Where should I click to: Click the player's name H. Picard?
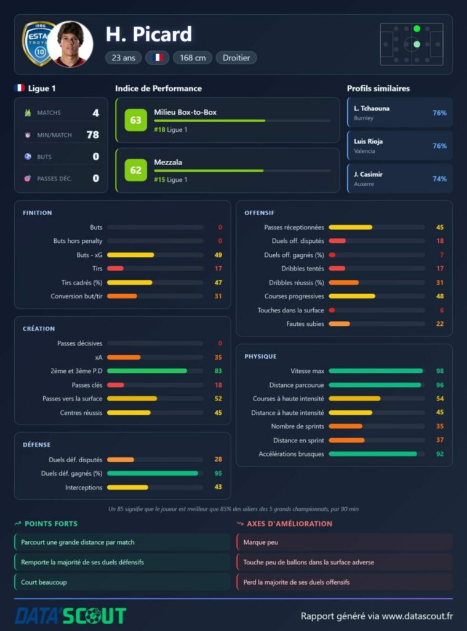pos(149,35)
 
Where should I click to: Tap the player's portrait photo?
pos(71,44)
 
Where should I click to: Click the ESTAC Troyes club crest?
pos(38,44)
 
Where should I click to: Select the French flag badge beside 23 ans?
pos(157,57)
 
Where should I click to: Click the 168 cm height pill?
pos(193,57)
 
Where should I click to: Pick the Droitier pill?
pos(236,57)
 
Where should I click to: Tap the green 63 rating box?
pos(135,120)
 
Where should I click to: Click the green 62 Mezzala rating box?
pos(135,170)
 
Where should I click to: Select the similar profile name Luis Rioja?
pos(368,141)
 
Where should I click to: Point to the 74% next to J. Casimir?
pos(439,179)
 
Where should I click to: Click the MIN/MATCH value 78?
pos(92,134)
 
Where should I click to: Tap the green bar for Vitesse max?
pos(376,371)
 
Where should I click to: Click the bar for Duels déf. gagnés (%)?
pos(153,473)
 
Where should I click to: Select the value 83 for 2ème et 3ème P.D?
pos(218,371)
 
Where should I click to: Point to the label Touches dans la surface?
pos(290,311)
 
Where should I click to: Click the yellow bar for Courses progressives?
pos(352,296)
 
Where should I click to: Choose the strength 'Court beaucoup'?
pos(44,582)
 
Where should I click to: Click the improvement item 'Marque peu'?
pos(260,542)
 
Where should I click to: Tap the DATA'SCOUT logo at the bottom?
pos(71,616)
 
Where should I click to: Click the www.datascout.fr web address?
pos(417,616)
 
